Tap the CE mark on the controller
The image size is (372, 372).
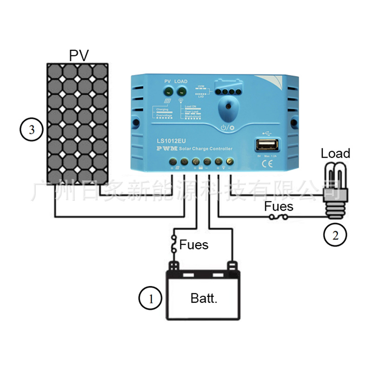[266, 164]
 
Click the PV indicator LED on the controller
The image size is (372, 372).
[168, 91]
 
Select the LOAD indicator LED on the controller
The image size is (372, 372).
[181, 91]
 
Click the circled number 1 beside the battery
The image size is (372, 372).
[150, 298]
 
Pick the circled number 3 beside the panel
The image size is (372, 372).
[32, 129]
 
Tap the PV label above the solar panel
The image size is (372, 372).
[79, 55]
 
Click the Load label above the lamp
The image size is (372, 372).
[335, 153]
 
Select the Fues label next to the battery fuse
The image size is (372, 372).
[194, 244]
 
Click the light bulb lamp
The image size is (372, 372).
[335, 185]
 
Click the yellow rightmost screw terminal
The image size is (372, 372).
[229, 162]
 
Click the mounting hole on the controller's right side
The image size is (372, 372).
[294, 123]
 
